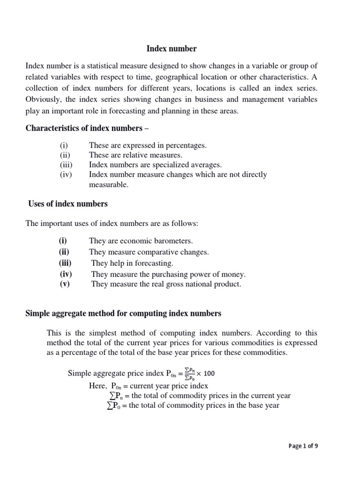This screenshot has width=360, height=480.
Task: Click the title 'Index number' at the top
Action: coord(172,49)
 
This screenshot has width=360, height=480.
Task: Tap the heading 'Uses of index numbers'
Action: coord(67,204)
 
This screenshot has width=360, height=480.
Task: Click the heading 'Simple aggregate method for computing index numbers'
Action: coord(123,313)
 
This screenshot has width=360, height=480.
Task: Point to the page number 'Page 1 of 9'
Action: coord(303,446)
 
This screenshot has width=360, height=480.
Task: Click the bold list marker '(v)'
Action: coord(65,285)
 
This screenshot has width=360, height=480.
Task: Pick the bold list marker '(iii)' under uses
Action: coord(65,263)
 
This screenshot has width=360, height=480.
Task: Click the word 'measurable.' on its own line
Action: coord(108,185)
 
